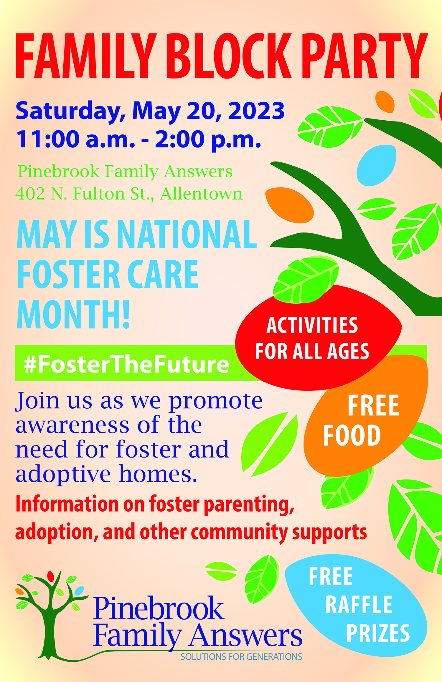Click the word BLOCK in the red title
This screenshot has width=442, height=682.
[x=229, y=56]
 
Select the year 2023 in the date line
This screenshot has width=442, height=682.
[x=256, y=111]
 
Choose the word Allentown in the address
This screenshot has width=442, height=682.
[x=201, y=194]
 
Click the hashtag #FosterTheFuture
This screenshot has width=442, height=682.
[x=126, y=364]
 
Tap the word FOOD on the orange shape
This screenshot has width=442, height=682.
[x=352, y=435]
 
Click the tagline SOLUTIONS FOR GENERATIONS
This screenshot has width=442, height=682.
[x=241, y=657]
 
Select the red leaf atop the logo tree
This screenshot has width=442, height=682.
[x=50, y=576]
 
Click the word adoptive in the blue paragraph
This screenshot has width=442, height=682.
[x=63, y=475]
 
